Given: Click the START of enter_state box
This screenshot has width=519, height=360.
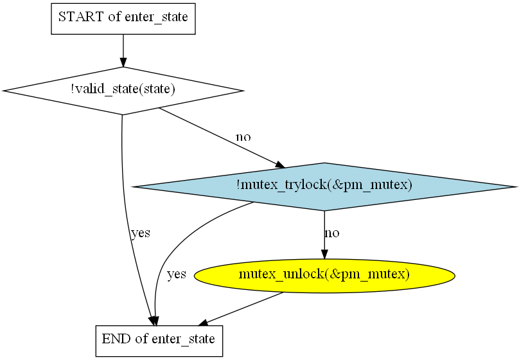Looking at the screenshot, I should tap(123, 17).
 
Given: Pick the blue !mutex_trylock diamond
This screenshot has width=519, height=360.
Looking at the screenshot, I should tap(324, 186).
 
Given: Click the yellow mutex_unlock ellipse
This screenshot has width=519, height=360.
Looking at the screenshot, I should tap(324, 275).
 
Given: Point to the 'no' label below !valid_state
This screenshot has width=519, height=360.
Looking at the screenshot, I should tap(243, 137).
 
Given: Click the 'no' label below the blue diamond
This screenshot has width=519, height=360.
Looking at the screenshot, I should tap(331, 233).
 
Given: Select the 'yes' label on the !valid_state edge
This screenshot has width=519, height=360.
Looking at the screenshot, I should tap(140, 233).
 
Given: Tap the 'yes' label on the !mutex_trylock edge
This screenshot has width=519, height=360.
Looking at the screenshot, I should tap(176, 275).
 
